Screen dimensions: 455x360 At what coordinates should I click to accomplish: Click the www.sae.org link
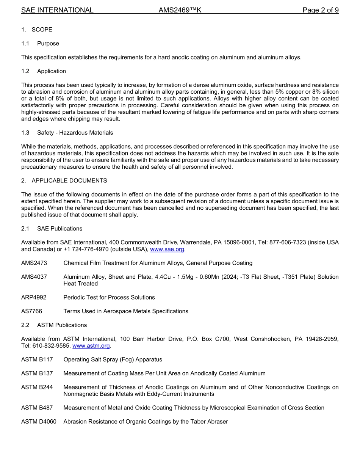[167, 249]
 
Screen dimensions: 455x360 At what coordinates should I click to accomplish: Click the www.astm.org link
[91, 346]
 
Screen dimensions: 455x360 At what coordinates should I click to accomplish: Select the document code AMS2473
[34, 263]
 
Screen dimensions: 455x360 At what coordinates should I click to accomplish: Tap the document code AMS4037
[34, 277]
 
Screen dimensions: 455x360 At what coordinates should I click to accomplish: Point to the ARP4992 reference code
[34, 297]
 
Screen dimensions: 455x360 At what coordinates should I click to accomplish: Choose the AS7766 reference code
[32, 311]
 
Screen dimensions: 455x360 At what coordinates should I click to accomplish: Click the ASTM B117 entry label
[37, 359]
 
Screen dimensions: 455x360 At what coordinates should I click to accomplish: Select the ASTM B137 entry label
[37, 373]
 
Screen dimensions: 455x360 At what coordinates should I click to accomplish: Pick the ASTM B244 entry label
[37, 387]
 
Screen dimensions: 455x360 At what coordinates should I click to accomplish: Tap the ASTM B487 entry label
[37, 408]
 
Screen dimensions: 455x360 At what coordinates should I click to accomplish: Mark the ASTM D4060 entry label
[39, 422]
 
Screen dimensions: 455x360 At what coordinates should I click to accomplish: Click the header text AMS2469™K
[180, 10]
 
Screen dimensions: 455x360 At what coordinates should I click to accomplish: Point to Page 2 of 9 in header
[321, 10]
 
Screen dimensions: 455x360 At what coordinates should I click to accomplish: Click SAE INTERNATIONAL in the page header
[57, 10]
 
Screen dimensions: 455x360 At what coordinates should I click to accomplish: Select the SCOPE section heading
[42, 30]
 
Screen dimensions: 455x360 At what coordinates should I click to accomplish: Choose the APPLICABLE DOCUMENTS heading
[69, 180]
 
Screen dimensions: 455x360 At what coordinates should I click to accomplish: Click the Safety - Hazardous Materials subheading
[75, 133]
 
